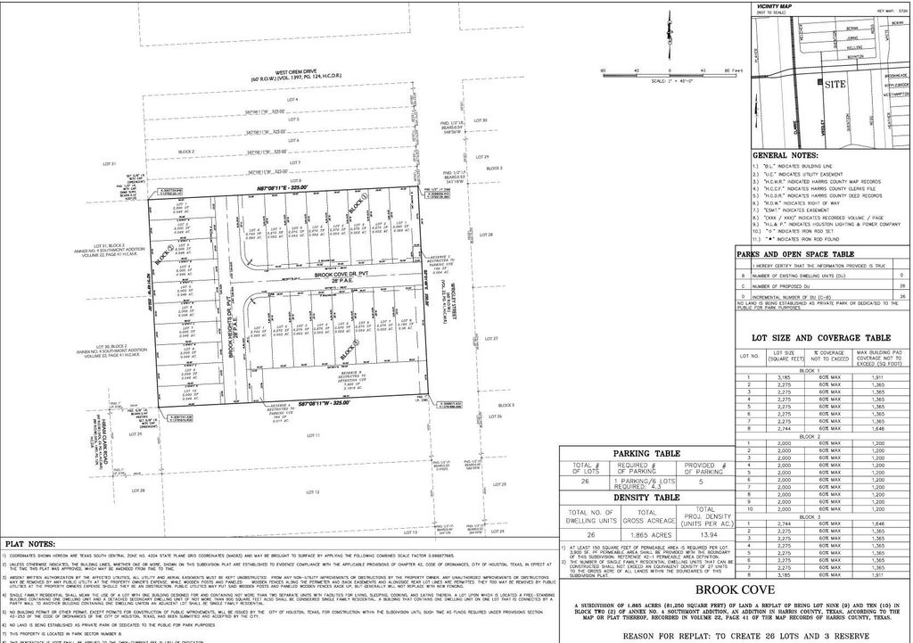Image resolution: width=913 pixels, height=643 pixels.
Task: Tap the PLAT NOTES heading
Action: click(30, 544)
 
